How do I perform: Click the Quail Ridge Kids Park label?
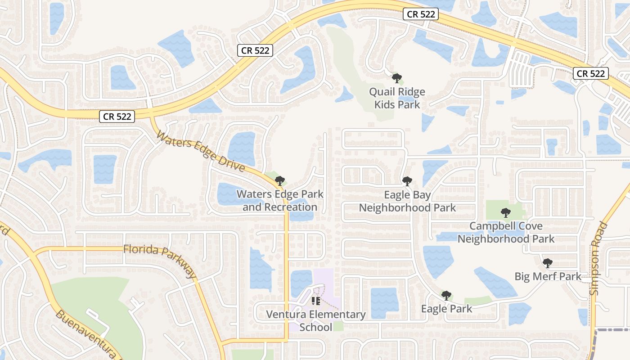click(397, 98)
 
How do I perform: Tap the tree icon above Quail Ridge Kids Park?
click(396, 78)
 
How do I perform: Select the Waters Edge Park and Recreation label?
click(280, 201)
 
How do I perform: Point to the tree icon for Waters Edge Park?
click(280, 181)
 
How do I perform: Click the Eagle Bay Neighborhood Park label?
click(407, 201)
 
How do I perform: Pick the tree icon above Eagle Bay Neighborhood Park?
click(407, 181)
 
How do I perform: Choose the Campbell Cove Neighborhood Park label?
click(506, 232)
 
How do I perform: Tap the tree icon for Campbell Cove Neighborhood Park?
click(506, 212)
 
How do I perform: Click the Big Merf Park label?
click(548, 276)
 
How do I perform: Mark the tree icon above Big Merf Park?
click(547, 263)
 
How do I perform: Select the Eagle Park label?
click(446, 309)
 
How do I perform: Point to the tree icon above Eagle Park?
click(446, 295)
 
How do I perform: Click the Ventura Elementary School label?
click(316, 320)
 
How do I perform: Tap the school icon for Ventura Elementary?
click(315, 301)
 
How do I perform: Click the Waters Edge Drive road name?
click(201, 151)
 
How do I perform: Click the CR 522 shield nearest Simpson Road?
click(591, 73)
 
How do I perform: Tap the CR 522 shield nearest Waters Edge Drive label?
click(117, 117)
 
